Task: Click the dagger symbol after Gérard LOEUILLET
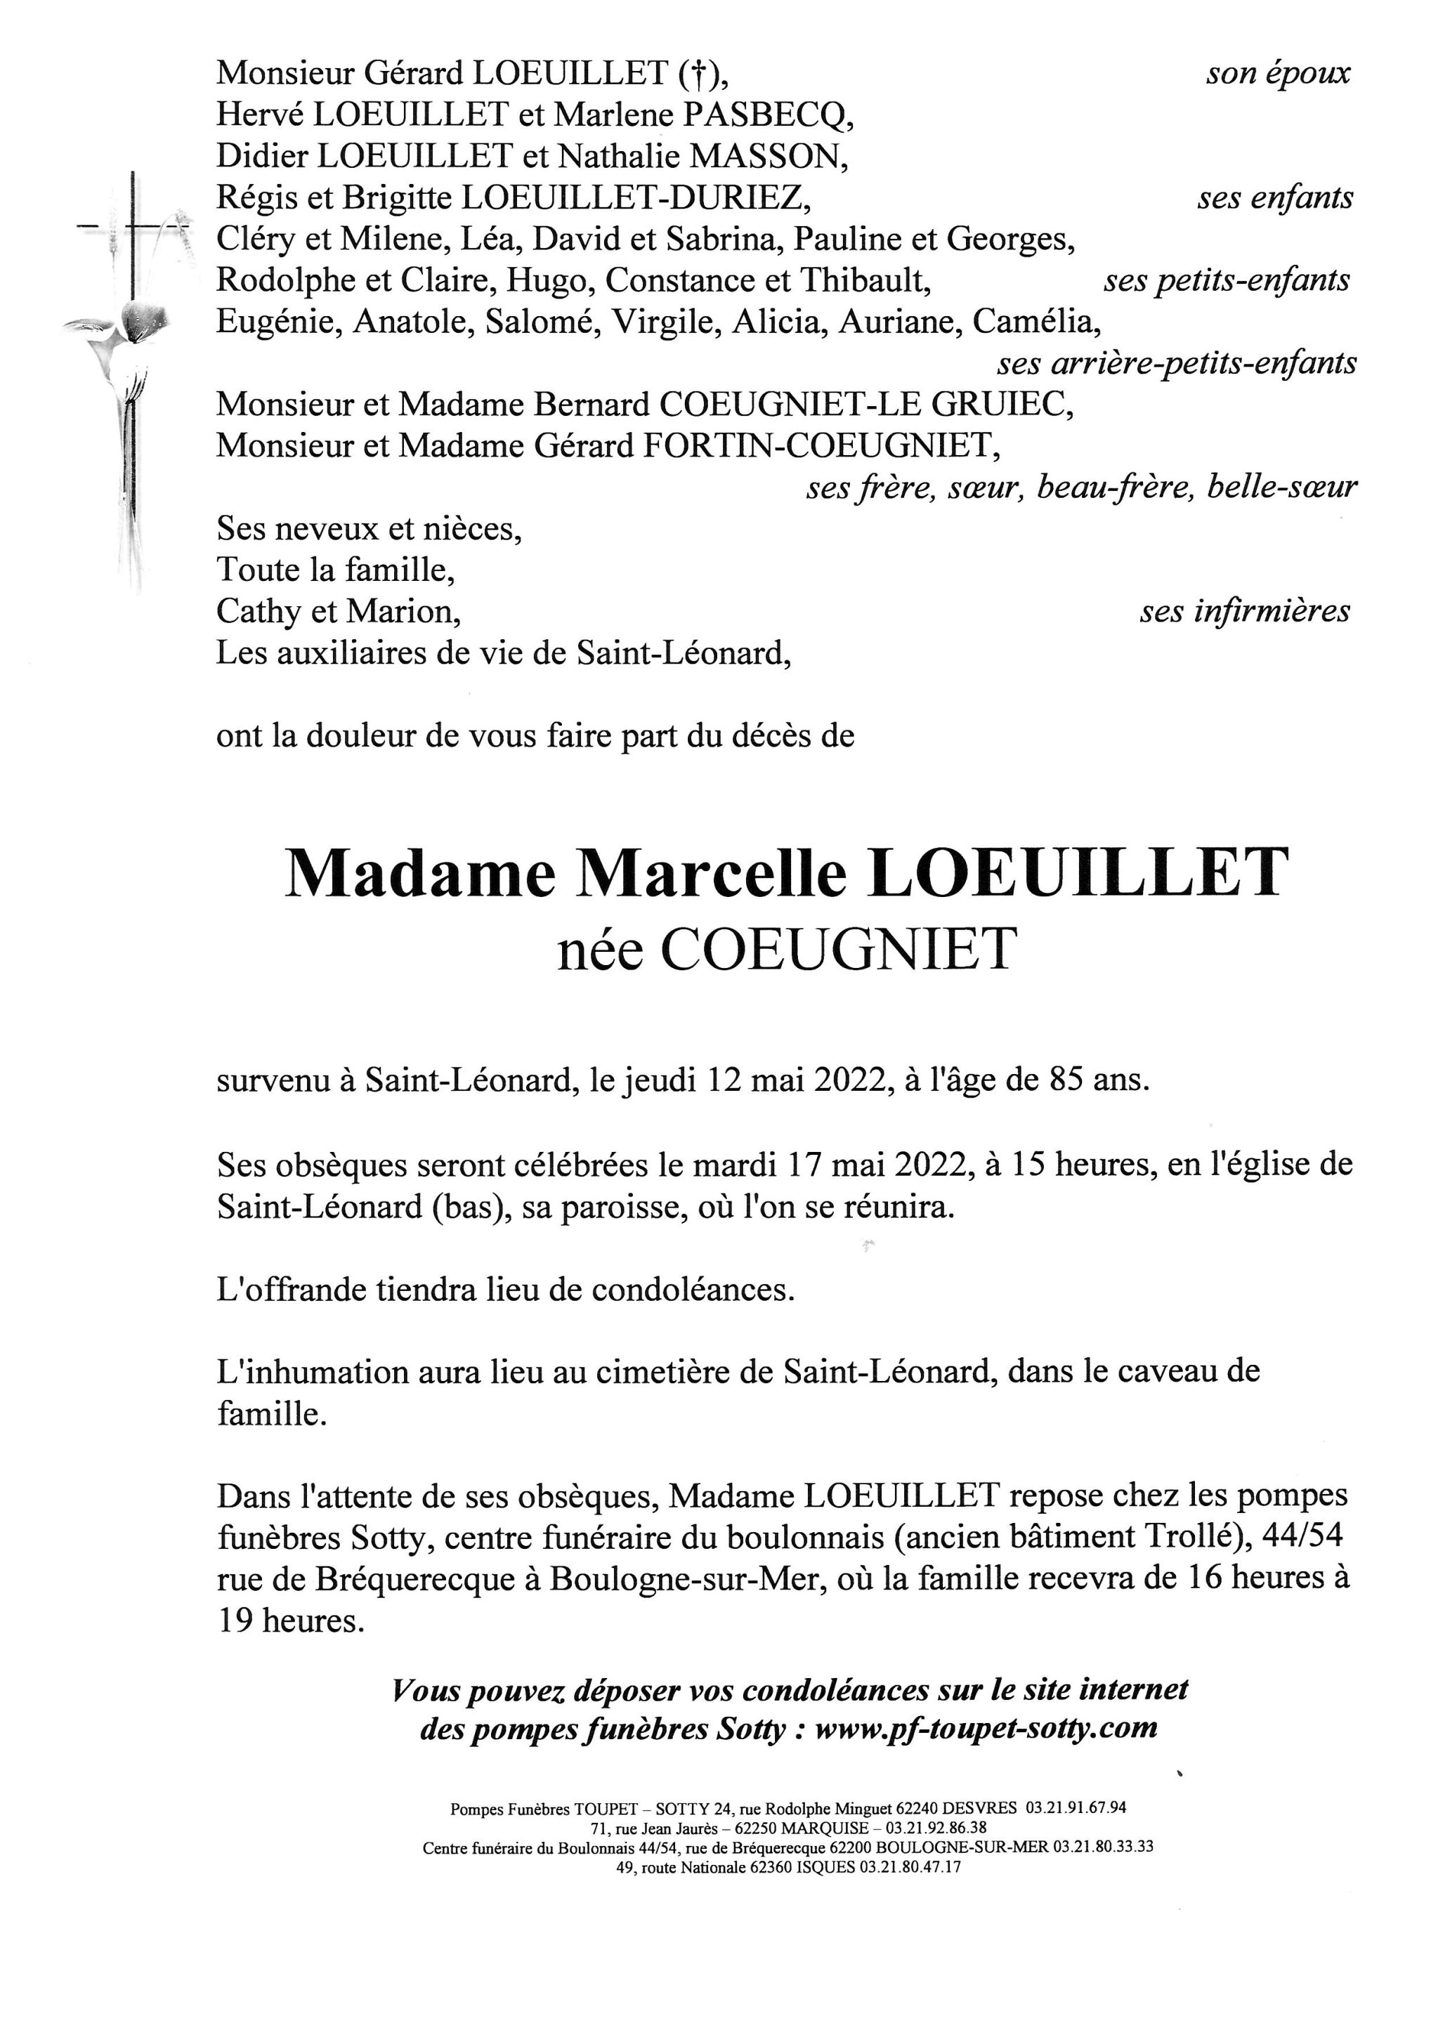point(698,74)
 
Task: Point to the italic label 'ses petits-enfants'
point(1227,281)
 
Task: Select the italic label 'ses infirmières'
point(1244,612)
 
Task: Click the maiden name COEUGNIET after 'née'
point(838,950)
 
